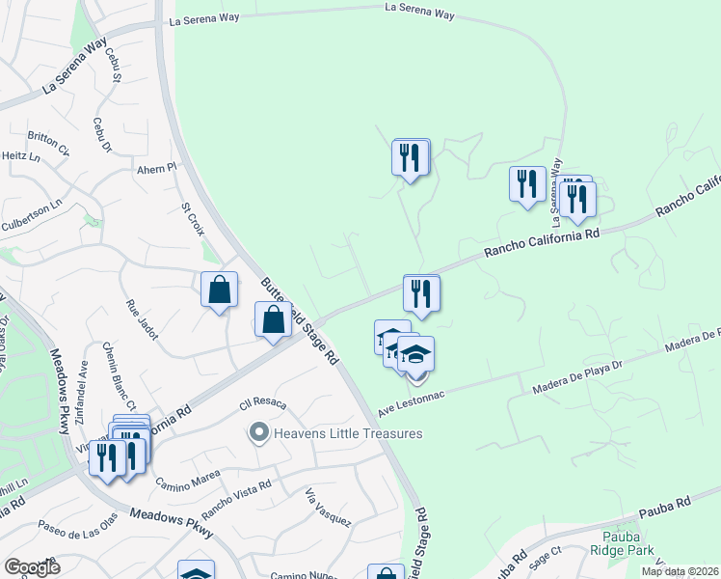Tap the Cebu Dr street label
(x=101, y=134)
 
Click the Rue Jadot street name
(x=141, y=318)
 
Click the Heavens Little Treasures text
(x=348, y=433)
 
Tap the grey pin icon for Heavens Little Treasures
(x=257, y=433)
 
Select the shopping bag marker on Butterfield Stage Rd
(x=274, y=320)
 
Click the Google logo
(x=33, y=567)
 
